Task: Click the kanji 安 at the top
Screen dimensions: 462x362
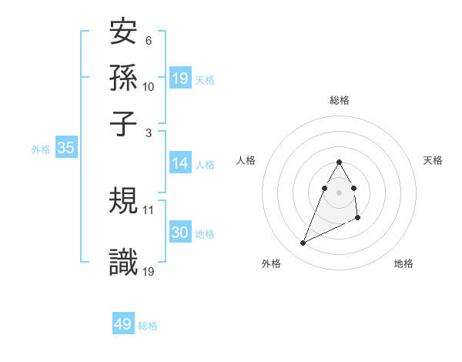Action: [x=124, y=33]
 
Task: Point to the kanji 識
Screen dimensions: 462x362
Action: [x=124, y=263]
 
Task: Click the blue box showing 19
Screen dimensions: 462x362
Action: [x=180, y=78]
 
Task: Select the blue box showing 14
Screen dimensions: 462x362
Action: [x=180, y=163]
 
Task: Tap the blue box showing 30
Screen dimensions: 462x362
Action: [x=180, y=233]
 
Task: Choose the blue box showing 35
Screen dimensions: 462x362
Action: [x=65, y=149]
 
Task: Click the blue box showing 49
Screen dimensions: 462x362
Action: [x=123, y=324]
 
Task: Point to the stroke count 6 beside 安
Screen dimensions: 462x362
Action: [x=149, y=41]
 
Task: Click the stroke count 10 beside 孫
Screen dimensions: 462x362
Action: [x=149, y=86]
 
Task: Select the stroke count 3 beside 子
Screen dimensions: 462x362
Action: [x=149, y=132]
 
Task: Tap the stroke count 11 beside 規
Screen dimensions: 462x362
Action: [x=149, y=209]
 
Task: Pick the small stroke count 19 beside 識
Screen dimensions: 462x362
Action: [x=149, y=271]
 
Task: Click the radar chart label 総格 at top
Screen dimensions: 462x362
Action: [x=339, y=100]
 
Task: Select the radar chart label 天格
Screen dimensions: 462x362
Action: [x=433, y=160]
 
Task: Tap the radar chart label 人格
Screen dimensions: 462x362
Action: [x=246, y=160]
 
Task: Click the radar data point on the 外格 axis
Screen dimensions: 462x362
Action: [x=303, y=243]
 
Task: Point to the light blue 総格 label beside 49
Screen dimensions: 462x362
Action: [x=148, y=326]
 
